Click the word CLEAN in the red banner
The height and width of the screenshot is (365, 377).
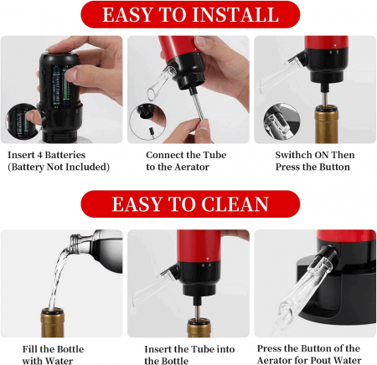click(235, 204)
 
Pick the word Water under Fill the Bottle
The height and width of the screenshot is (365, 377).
click(59, 361)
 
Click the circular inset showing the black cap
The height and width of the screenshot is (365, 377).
click(148, 121)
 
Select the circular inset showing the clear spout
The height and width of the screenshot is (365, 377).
click(281, 122)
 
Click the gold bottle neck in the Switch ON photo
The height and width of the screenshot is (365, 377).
click(327, 124)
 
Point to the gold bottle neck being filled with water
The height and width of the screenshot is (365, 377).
click(53, 322)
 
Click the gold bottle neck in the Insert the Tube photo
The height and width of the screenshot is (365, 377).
click(199, 328)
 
